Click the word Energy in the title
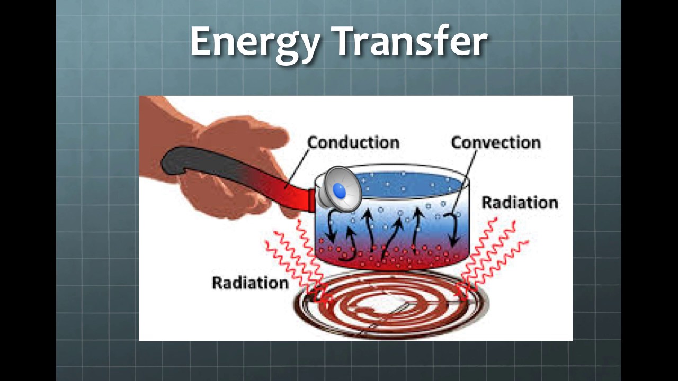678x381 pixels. (254, 41)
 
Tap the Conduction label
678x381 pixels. (353, 142)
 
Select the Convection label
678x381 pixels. (496, 142)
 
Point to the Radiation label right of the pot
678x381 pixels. (520, 203)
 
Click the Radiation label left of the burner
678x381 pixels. (250, 283)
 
